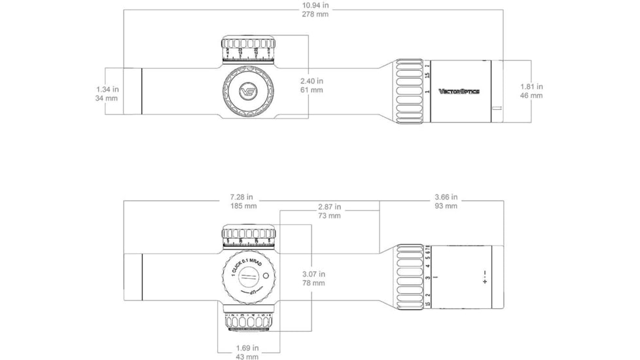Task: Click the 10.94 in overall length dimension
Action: pyautogui.click(x=315, y=5)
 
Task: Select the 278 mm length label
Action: pyautogui.click(x=315, y=14)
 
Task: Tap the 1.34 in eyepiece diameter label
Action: pyautogui.click(x=107, y=89)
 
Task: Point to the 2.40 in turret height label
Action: pyautogui.click(x=311, y=81)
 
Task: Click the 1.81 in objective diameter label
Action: pyautogui.click(x=531, y=86)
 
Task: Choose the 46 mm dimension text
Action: pyautogui.click(x=531, y=96)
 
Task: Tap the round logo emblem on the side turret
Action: pyautogui.click(x=249, y=91)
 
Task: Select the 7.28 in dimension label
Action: pyautogui.click(x=241, y=197)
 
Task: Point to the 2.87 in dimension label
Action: pyautogui.click(x=329, y=206)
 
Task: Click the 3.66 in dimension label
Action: pyautogui.click(x=446, y=197)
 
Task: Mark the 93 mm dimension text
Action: pyautogui.click(x=446, y=206)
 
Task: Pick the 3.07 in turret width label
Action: pyautogui.click(x=313, y=274)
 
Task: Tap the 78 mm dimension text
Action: pyautogui.click(x=313, y=283)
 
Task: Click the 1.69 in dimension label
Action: pyautogui.click(x=247, y=348)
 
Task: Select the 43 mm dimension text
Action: pyautogui.click(x=247, y=357)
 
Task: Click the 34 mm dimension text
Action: pyautogui.click(x=107, y=98)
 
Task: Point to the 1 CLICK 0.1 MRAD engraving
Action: pyautogui.click(x=242, y=265)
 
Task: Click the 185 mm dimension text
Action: pyautogui.click(x=241, y=206)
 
